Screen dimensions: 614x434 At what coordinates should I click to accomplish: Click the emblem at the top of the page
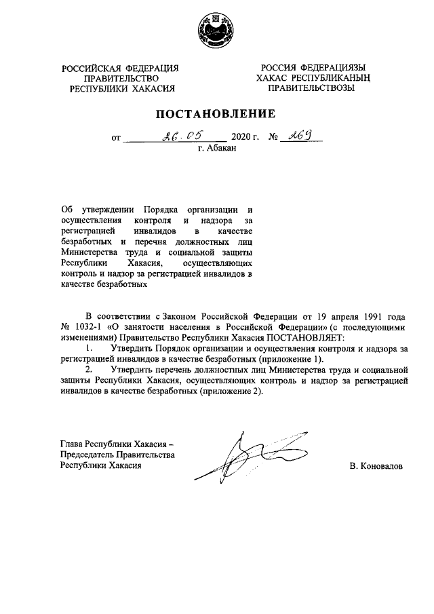[x=217, y=31]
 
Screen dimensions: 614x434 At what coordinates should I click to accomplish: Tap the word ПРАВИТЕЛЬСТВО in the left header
[x=121, y=78]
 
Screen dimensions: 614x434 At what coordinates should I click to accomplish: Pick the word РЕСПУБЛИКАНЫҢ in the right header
[x=333, y=78]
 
